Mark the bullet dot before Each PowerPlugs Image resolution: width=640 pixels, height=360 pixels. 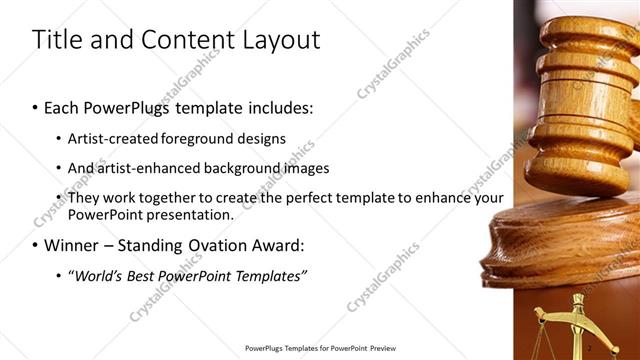(x=36, y=106)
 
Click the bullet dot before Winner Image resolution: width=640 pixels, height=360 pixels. (x=36, y=246)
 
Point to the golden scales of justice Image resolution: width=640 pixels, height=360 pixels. (x=575, y=325)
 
